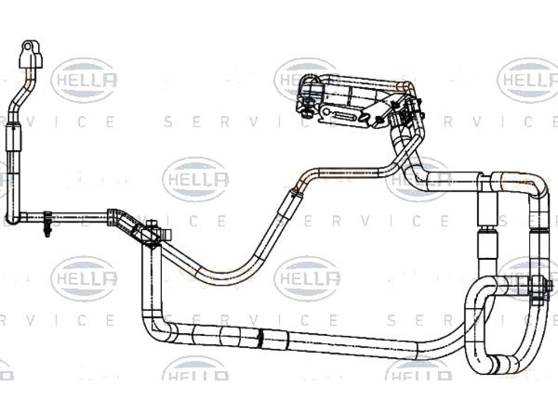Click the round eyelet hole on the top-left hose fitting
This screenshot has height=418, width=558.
[x=28, y=46]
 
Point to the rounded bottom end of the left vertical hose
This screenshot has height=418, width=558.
[x=14, y=218]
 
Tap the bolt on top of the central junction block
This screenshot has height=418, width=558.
[x=151, y=224]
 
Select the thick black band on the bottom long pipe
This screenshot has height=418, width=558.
[x=261, y=337]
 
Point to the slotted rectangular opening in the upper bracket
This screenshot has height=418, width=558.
[x=343, y=116]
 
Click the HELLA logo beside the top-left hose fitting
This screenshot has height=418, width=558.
[x=84, y=81]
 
